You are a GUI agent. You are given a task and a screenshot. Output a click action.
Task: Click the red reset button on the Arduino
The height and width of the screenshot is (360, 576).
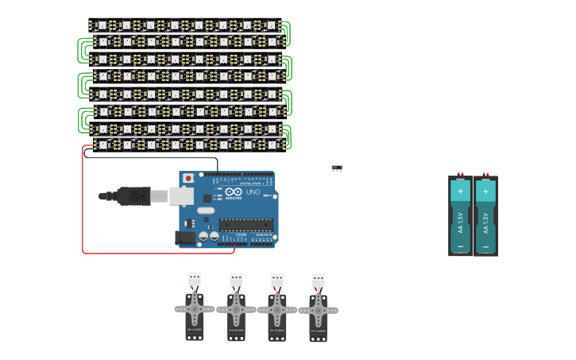click(x=188, y=178)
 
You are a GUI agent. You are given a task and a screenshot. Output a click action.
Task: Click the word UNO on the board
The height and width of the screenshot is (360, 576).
click(x=253, y=192)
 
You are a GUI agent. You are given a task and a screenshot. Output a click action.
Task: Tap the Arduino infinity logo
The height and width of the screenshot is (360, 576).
click(x=234, y=192)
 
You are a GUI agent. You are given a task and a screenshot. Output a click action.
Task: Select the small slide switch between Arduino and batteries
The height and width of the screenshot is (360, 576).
click(x=337, y=168)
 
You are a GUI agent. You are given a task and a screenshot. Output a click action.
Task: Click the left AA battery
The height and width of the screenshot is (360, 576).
click(x=461, y=216)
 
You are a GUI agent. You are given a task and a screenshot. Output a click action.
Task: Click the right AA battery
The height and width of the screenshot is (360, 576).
click(x=485, y=216)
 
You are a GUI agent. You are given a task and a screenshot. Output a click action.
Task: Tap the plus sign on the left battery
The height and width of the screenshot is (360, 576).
click(x=461, y=191)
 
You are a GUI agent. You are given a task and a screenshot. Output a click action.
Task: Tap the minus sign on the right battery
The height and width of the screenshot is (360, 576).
click(x=485, y=247)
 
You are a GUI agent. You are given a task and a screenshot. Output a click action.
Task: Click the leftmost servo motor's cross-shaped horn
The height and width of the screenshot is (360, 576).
click(x=195, y=309)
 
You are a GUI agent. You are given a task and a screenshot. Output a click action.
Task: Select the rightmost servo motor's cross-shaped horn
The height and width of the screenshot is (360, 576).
click(x=319, y=312)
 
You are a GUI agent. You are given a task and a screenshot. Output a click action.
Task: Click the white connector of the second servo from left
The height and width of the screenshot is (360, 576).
click(x=236, y=280)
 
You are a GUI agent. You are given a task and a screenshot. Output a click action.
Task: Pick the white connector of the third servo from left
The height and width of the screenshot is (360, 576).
click(x=277, y=280)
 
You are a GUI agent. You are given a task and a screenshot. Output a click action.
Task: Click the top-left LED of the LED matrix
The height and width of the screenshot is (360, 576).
click(x=102, y=25)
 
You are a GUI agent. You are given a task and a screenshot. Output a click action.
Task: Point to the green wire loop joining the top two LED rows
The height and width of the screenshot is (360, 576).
click(x=287, y=33)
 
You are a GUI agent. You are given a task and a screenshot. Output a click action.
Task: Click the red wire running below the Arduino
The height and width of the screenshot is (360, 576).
click(x=159, y=254)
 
